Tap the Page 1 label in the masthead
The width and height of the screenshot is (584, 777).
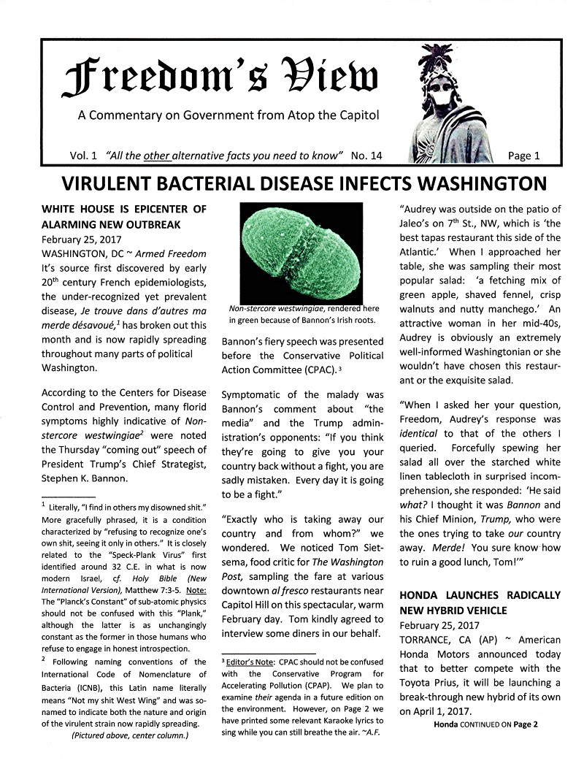point(523,156)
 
